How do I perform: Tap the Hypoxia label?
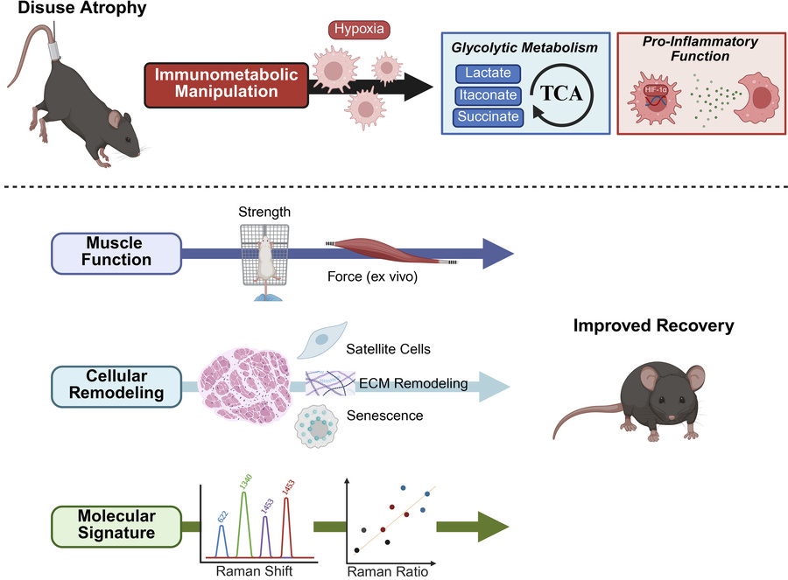[358, 30]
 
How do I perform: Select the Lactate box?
[488, 74]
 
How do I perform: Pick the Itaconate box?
[488, 95]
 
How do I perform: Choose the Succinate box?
[488, 116]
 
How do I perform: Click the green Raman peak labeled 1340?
[244, 516]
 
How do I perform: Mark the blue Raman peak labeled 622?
[222, 538]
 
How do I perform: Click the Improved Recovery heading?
[653, 326]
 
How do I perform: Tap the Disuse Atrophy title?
[60, 10]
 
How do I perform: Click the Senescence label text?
[384, 416]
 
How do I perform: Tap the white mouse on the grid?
[264, 257]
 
